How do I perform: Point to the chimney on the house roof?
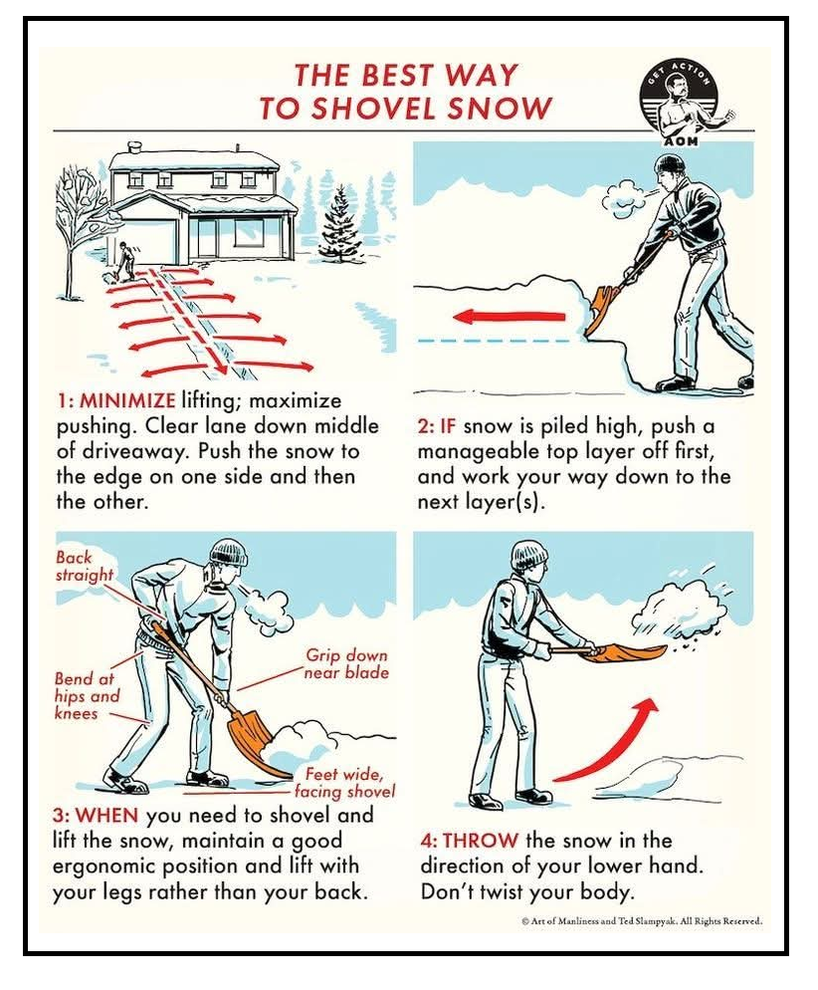(135, 147)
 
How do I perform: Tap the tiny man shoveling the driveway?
(125, 261)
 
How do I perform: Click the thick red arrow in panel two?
(510, 317)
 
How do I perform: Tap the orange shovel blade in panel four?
(624, 652)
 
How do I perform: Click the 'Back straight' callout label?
(84, 567)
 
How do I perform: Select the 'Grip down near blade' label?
(346, 663)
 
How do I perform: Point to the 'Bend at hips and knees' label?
(87, 696)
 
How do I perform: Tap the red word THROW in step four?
(480, 841)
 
